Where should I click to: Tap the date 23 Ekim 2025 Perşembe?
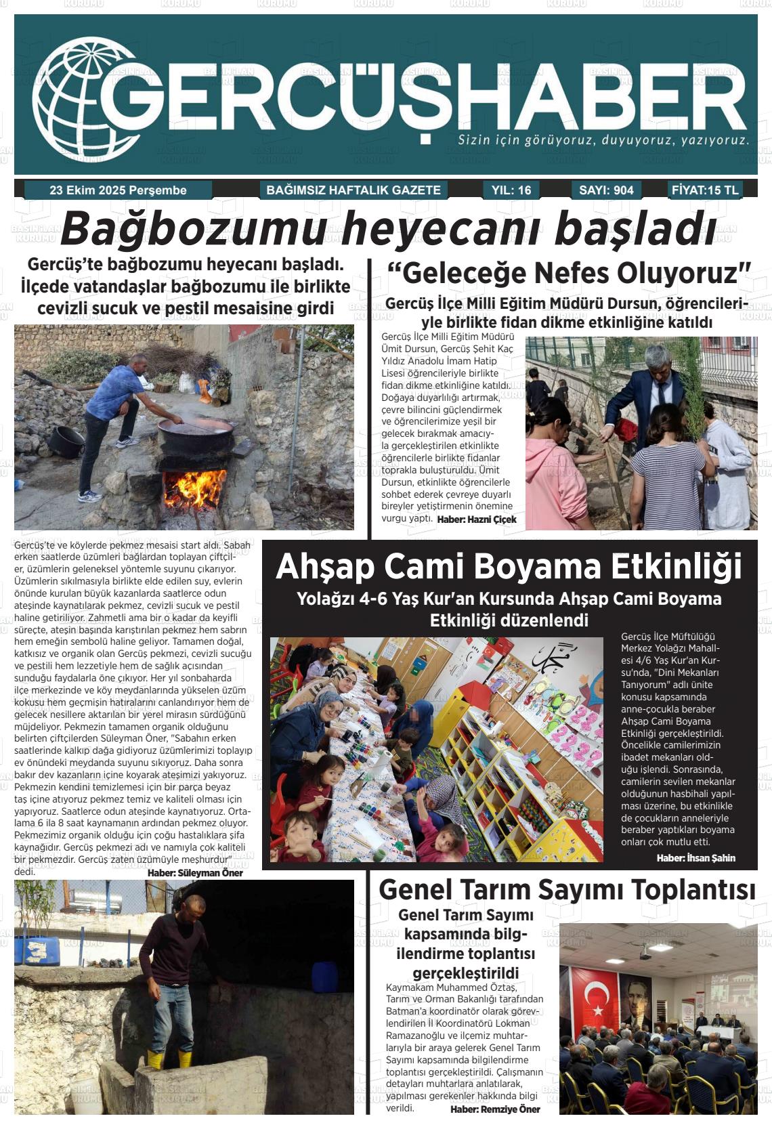click(x=118, y=190)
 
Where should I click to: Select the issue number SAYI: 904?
click(x=606, y=190)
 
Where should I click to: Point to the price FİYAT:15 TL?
click(x=704, y=190)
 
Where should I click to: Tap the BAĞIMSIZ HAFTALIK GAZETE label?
click(x=353, y=190)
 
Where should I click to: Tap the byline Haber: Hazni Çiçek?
click(x=477, y=519)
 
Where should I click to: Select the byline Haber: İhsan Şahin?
click(x=695, y=857)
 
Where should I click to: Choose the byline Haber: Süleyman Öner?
click(x=194, y=873)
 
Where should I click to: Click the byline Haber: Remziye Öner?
click(x=495, y=1109)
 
